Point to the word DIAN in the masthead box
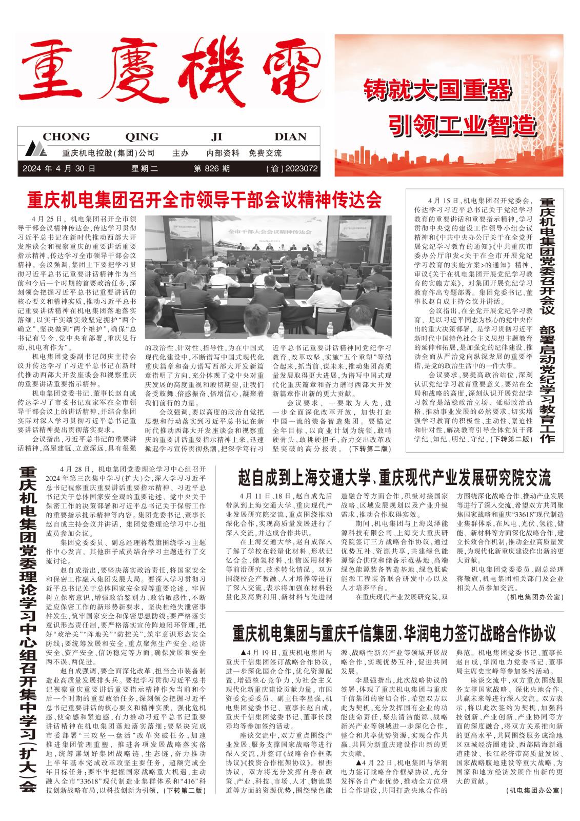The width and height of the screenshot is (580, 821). point(290,137)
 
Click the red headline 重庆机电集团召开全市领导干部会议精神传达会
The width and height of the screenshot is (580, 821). point(205,200)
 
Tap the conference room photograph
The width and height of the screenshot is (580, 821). point(268,278)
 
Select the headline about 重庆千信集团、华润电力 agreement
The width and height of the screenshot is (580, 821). point(394,633)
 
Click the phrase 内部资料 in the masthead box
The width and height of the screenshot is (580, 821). point(223,153)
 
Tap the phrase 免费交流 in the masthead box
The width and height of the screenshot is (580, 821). point(265,153)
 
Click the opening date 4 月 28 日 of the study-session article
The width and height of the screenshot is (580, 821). point(75,469)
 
